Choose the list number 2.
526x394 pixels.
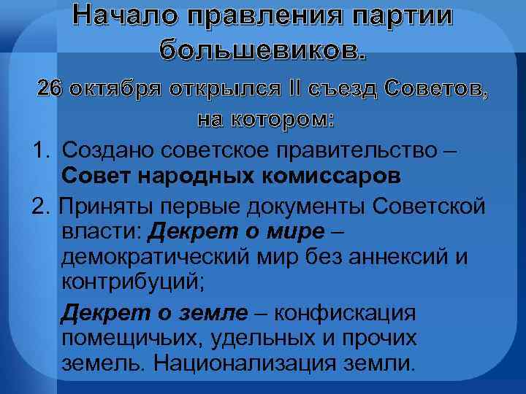point(40,206)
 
